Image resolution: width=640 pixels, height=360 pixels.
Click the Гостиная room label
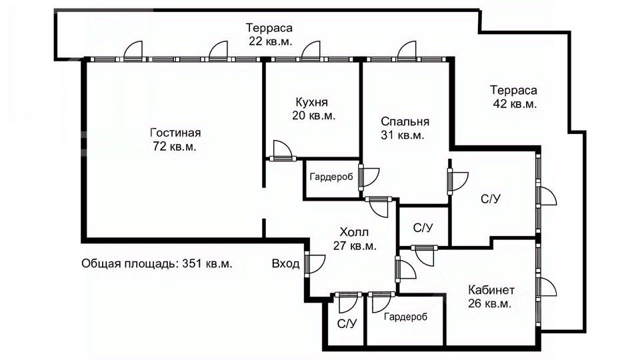click(175, 132)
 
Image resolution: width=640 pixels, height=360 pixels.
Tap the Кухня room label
click(313, 102)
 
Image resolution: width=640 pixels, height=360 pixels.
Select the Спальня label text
click(405, 121)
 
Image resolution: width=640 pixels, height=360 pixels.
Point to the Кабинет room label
click(491, 290)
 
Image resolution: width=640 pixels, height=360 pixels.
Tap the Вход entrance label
click(285, 263)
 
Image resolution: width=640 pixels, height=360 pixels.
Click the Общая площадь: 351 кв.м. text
click(157, 263)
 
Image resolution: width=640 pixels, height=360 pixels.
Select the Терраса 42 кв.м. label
click(513, 97)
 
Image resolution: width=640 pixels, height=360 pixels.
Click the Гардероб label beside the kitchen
click(331, 177)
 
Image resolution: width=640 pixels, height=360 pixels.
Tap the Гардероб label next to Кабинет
click(405, 317)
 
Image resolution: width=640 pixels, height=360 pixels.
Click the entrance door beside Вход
click(309, 263)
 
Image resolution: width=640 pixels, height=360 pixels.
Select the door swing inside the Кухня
click(281, 150)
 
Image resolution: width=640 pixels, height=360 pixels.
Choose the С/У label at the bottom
click(346, 324)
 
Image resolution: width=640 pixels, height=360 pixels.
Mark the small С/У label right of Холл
click(423, 228)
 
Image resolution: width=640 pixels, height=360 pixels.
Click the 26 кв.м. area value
click(489, 304)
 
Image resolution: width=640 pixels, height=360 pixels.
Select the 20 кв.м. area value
click(313, 115)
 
